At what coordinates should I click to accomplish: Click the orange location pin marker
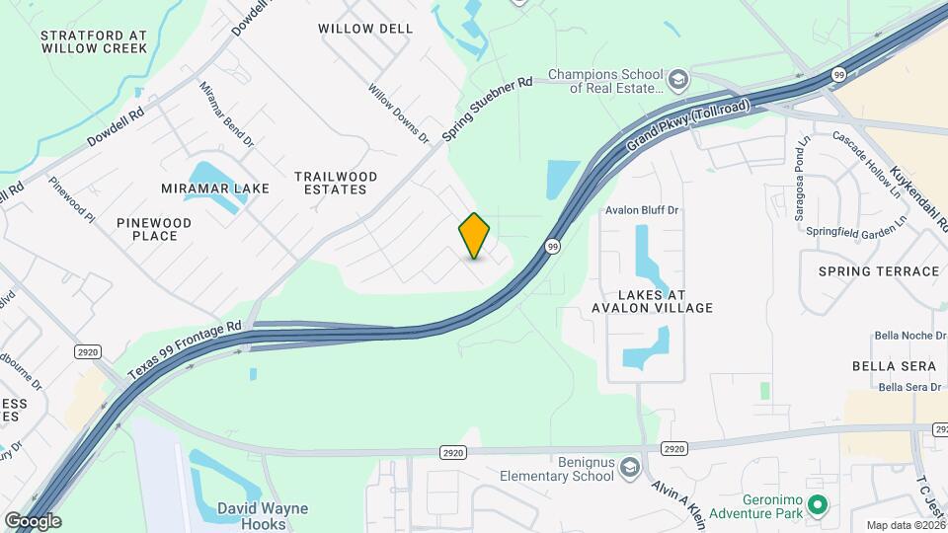click(475, 235)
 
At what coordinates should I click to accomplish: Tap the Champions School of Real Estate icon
click(678, 79)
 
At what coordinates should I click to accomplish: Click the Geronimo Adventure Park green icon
click(817, 506)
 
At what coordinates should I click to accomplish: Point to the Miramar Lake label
click(202, 189)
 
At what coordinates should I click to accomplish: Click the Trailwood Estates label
click(336, 183)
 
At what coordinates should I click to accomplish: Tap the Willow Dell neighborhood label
click(365, 29)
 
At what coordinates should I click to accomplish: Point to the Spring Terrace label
click(878, 270)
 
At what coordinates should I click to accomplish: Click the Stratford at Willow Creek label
click(94, 41)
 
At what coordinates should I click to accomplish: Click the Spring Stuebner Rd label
click(487, 108)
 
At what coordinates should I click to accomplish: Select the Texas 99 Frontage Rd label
click(185, 352)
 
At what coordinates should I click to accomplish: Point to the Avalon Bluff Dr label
click(646, 210)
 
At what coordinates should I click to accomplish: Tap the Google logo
click(32, 520)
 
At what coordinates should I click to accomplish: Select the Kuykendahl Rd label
click(917, 191)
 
